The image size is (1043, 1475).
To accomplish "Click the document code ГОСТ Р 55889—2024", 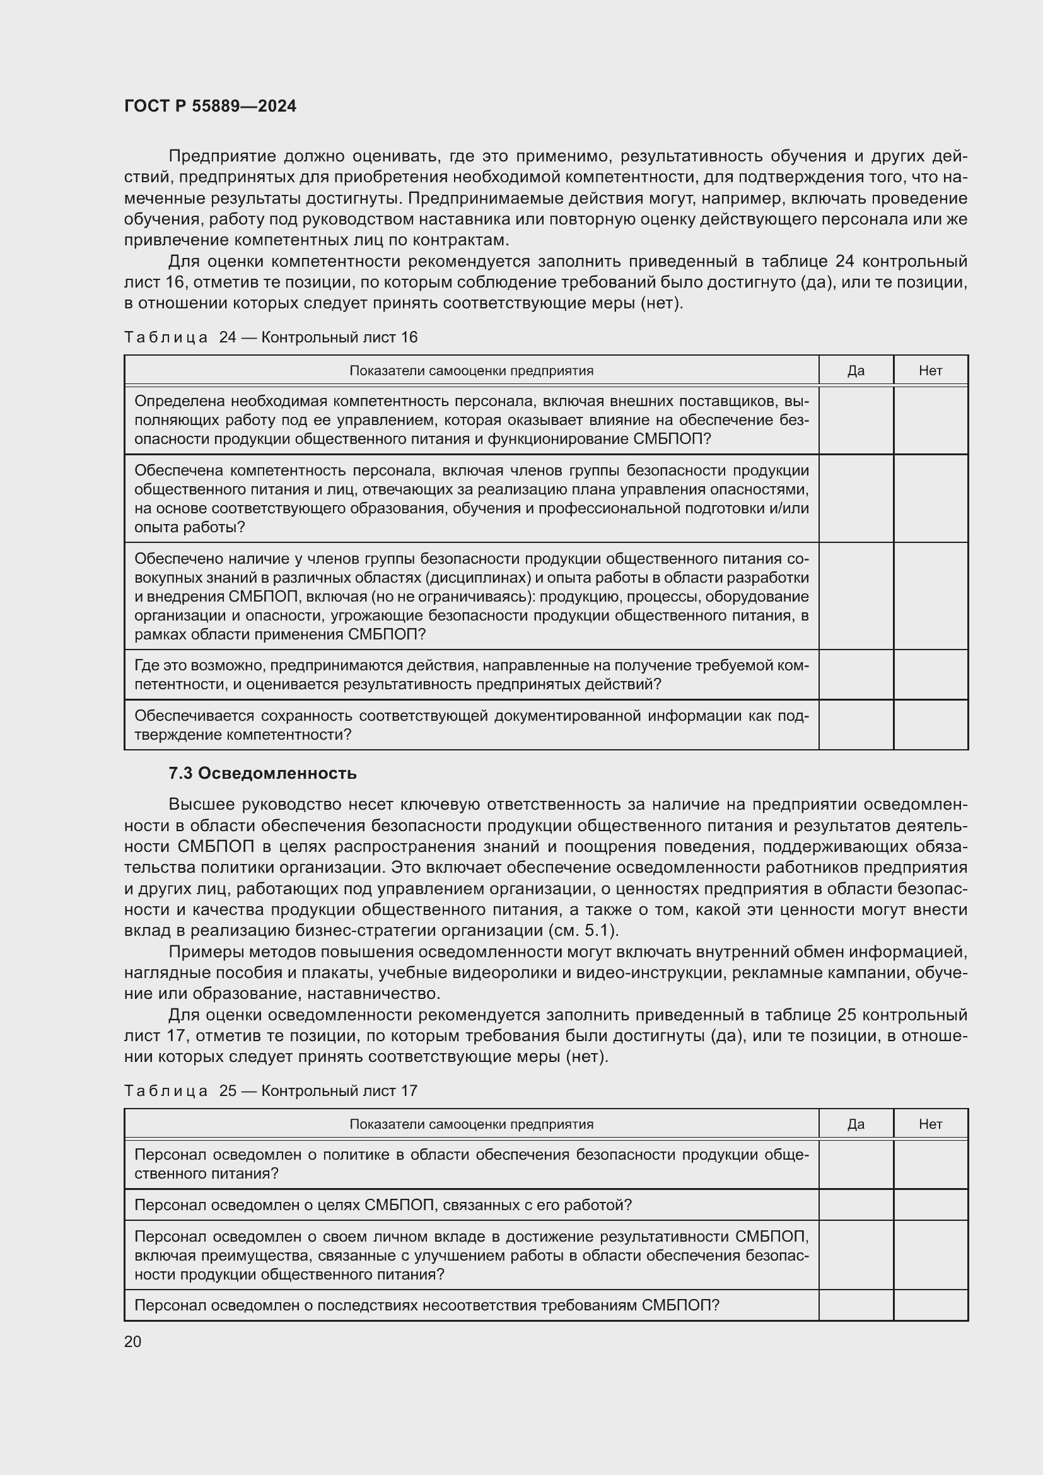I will [210, 106].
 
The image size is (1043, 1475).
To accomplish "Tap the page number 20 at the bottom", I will [133, 1341].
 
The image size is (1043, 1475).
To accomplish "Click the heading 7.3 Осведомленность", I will [262, 774].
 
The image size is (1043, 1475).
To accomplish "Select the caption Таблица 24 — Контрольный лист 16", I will [271, 337].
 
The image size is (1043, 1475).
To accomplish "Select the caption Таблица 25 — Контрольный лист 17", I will [271, 1091].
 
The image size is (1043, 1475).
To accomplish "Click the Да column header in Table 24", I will [856, 371].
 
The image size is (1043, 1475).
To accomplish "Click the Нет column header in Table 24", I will [930, 371].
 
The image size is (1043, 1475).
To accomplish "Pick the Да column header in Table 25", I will [856, 1124].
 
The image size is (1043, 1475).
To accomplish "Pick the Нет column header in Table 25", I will [930, 1124].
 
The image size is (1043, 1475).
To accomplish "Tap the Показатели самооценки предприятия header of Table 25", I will [471, 1124].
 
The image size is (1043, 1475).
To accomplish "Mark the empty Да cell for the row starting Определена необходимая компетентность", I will [856, 420].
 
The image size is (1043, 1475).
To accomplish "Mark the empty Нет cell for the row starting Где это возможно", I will [930, 675].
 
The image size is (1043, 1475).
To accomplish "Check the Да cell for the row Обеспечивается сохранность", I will [856, 725].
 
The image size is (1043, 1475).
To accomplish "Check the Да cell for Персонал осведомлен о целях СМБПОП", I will [856, 1204].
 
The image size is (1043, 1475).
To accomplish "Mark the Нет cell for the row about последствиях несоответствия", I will [930, 1305].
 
